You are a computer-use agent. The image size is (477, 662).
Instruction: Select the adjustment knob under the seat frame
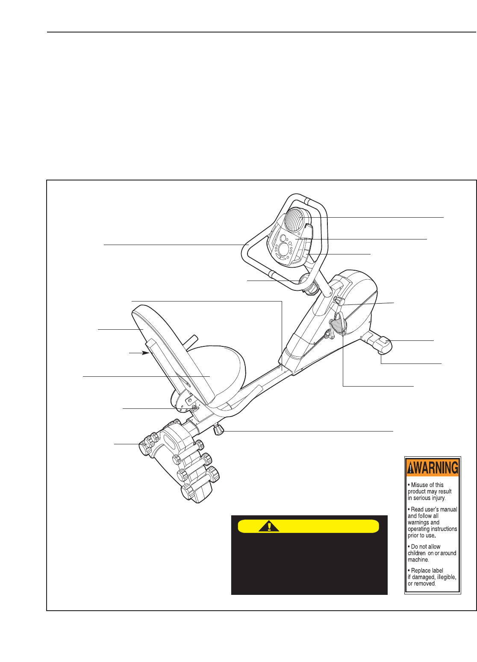pos(218,429)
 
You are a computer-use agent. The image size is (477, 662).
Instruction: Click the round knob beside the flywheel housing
pos(339,301)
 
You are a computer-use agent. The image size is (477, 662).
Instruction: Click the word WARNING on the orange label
pos(436,468)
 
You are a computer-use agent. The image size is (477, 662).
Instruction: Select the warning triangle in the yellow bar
pos(269,526)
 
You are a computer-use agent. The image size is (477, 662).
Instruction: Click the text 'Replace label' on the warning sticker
pos(427,570)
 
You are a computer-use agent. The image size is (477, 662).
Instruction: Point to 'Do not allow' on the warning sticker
pos(426,547)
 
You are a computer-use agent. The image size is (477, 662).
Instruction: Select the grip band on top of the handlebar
pos(307,201)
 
